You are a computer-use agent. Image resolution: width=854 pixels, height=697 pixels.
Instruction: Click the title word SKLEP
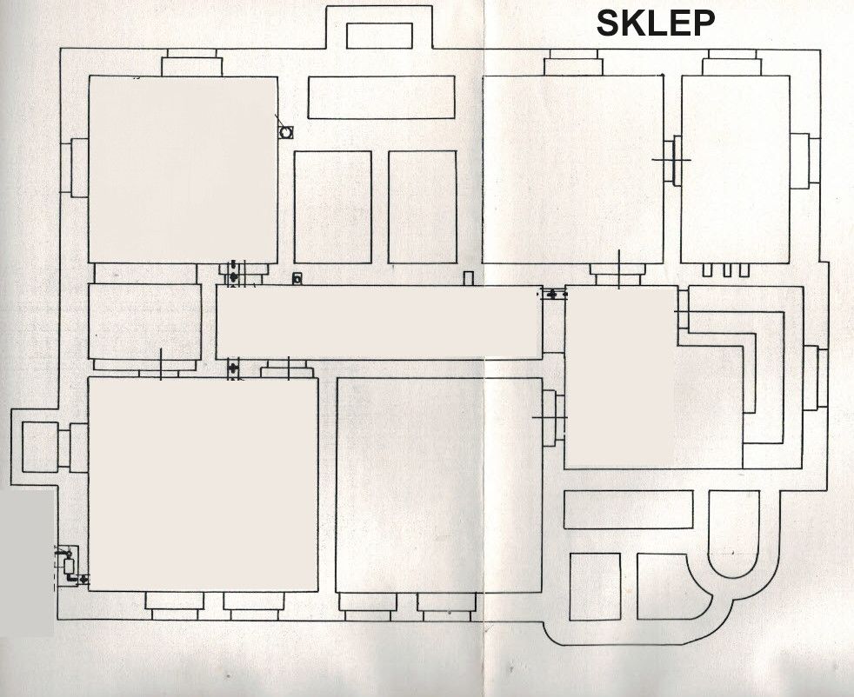click(x=655, y=23)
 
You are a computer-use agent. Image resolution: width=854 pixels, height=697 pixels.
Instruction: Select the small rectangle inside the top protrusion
click(x=380, y=36)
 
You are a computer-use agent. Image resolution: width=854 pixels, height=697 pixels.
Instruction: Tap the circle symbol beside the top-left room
click(x=285, y=132)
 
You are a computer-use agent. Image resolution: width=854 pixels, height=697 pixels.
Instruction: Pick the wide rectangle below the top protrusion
click(x=381, y=96)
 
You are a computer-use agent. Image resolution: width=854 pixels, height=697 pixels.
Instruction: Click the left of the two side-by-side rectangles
click(x=333, y=208)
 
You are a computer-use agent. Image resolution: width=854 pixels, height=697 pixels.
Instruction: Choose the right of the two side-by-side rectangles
click(x=423, y=208)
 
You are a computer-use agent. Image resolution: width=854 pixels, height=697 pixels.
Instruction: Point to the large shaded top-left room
click(x=183, y=169)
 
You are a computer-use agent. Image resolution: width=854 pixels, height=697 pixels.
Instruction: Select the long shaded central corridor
click(x=379, y=322)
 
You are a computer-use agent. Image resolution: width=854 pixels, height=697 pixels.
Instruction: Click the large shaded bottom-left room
click(x=203, y=484)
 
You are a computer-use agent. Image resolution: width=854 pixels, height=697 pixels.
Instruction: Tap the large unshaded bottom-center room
click(x=439, y=485)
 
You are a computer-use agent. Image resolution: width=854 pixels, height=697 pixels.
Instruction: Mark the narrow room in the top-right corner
click(x=735, y=169)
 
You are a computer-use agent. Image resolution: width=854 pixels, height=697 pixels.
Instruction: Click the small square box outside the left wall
click(x=40, y=448)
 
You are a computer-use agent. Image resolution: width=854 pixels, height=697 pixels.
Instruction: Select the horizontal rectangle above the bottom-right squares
click(x=629, y=509)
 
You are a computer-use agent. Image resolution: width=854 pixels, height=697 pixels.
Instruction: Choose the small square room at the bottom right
click(x=596, y=587)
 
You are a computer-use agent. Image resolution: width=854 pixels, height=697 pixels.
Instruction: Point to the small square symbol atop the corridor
click(x=297, y=279)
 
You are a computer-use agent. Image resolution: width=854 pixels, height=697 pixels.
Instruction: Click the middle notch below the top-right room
click(x=727, y=270)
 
